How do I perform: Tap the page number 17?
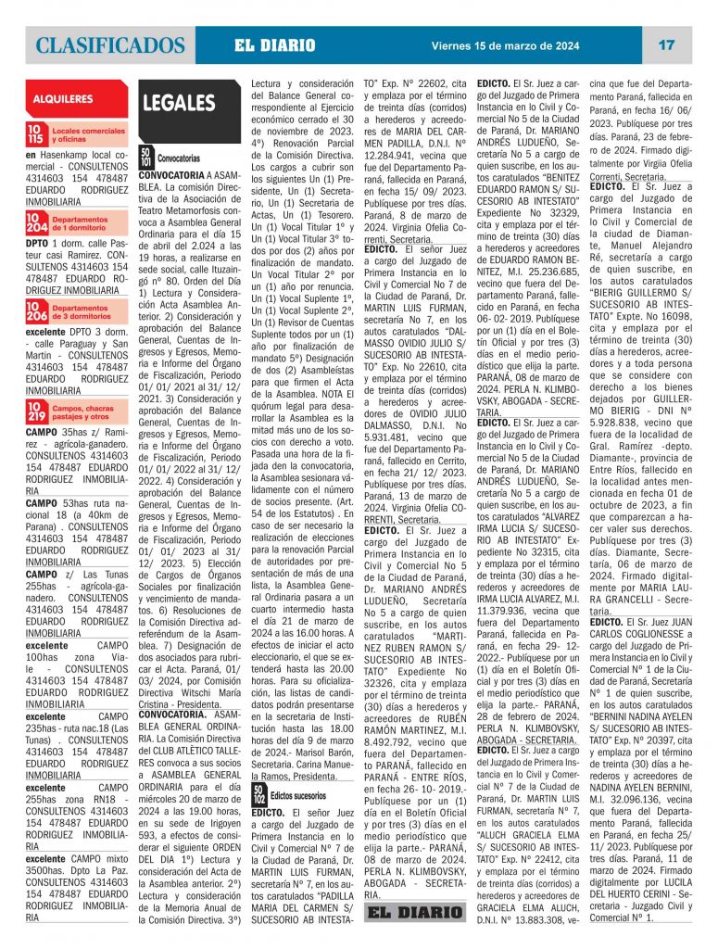click(x=666, y=44)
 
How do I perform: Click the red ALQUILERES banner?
click(x=64, y=98)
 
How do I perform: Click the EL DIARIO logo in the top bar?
click(x=274, y=45)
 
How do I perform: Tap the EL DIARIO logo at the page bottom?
click(x=415, y=912)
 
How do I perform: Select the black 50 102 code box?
click(x=258, y=793)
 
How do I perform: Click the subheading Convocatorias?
click(x=179, y=159)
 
